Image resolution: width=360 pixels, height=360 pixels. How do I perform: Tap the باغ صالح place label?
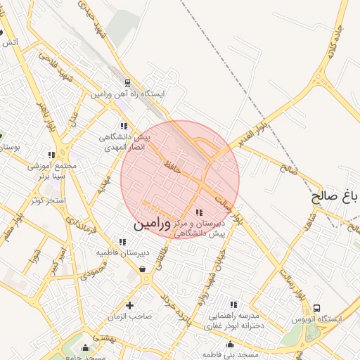(335, 196)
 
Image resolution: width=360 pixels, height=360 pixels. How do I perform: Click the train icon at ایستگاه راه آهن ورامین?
(127, 82)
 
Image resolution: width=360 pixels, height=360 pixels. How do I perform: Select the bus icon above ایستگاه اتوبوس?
(316, 308)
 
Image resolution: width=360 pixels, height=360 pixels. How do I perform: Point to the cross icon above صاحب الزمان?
(129, 304)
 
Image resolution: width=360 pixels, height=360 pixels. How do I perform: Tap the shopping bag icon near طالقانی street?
(143, 269)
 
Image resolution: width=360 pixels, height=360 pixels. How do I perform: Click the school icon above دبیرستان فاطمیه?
(122, 242)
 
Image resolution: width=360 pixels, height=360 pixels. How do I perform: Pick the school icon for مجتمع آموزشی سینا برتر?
(51, 155)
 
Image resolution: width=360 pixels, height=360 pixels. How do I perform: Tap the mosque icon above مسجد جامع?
(86, 347)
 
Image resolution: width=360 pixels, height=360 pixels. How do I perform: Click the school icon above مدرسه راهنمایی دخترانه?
(233, 304)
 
